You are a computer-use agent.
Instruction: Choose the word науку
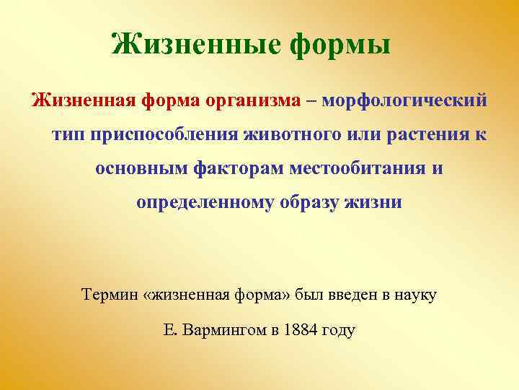click(x=416, y=295)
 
